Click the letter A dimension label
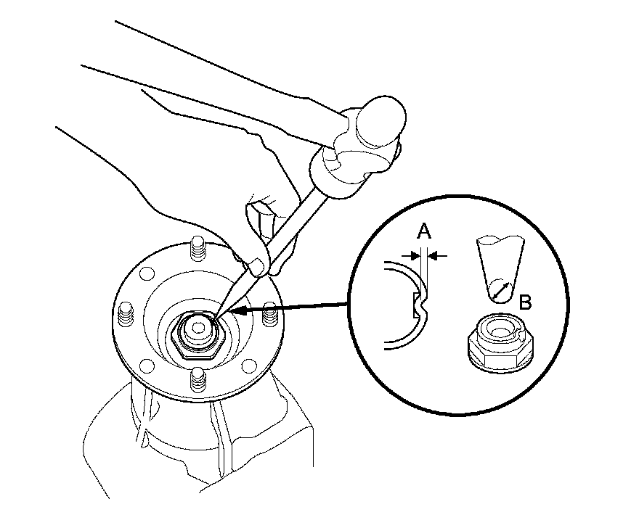(x=425, y=232)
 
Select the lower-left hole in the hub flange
(x=145, y=363)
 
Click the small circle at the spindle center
(x=195, y=328)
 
